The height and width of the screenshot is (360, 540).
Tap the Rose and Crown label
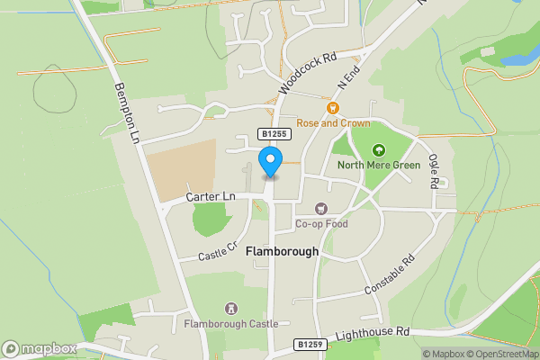[x=333, y=121]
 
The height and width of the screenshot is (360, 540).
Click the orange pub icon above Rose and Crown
[x=333, y=107]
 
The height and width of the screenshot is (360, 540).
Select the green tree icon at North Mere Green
[x=379, y=150]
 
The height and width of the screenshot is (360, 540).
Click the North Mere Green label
[x=379, y=166]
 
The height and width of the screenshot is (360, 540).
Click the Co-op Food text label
[x=321, y=223]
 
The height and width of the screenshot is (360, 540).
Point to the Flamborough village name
[x=282, y=252]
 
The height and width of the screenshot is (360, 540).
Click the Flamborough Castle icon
[x=232, y=309]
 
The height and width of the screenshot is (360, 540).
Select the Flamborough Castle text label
[x=231, y=323]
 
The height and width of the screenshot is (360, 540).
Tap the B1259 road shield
[x=308, y=344]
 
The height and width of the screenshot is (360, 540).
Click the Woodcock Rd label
[x=307, y=72]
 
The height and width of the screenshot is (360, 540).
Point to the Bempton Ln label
[x=126, y=113]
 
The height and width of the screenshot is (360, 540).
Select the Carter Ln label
[x=211, y=196]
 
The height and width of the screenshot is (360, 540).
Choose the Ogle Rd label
[x=434, y=170]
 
